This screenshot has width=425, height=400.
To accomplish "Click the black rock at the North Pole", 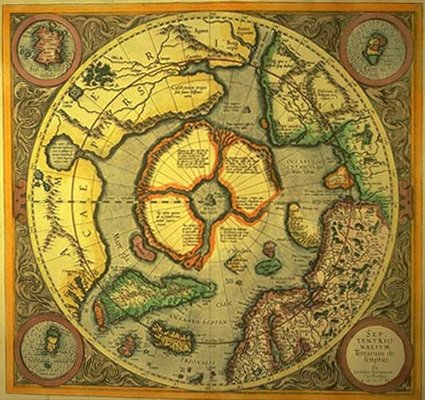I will (211, 194).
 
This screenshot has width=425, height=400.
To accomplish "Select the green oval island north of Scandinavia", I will (268, 265).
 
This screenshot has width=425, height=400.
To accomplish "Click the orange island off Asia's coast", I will (339, 177).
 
